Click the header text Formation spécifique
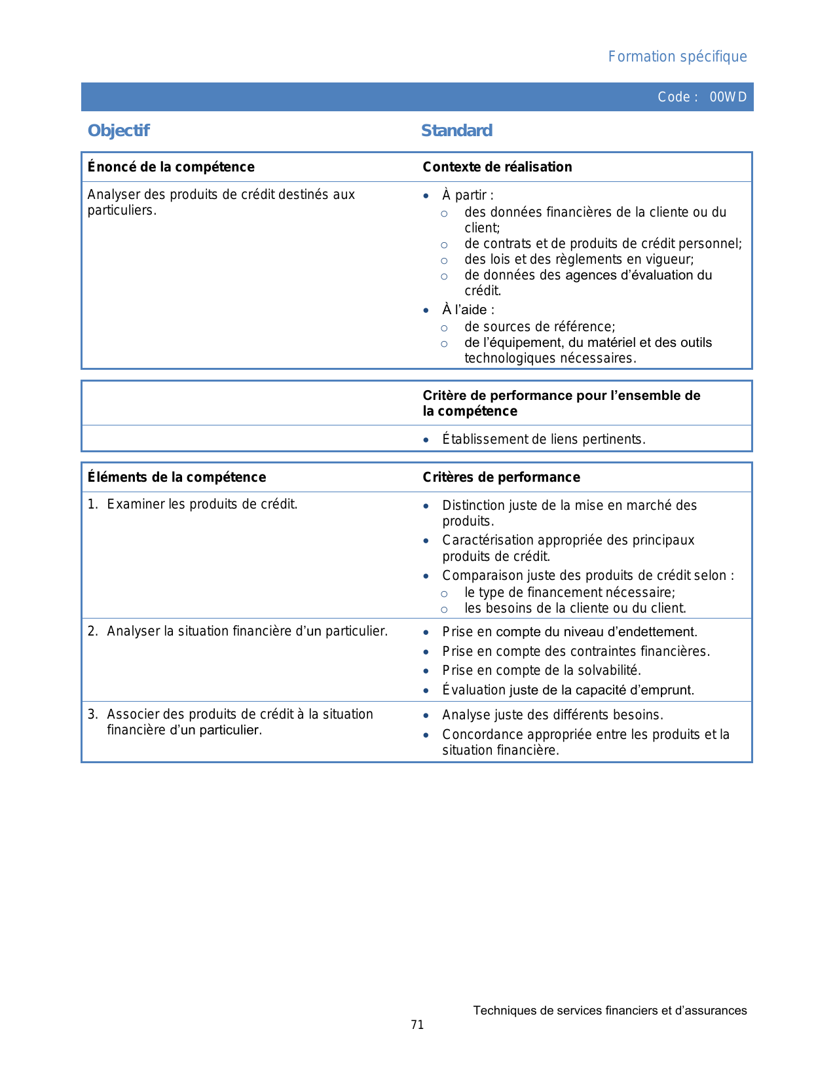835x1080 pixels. coord(677,57)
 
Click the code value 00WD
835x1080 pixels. coord(728,97)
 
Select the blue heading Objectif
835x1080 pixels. coord(119,131)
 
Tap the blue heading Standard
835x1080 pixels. coord(456,131)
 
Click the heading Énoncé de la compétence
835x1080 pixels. coord(171,167)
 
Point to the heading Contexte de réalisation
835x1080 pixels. coord(497,167)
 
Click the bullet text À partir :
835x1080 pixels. coord(468,195)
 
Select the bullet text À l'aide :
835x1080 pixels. coord(468,310)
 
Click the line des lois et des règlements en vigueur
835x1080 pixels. coord(579,259)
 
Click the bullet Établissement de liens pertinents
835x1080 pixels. coord(544,439)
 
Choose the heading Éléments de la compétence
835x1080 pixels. coord(177,477)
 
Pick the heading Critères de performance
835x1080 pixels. coord(501,477)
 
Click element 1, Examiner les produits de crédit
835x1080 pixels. coord(202,504)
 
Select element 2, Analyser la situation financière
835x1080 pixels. coord(247,631)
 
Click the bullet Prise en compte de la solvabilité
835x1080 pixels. coord(542,670)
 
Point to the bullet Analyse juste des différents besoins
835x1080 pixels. coord(553,715)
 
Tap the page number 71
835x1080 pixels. coord(417,1025)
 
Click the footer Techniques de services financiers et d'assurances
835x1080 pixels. coord(610,1011)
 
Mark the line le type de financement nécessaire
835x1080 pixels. coord(570,592)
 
